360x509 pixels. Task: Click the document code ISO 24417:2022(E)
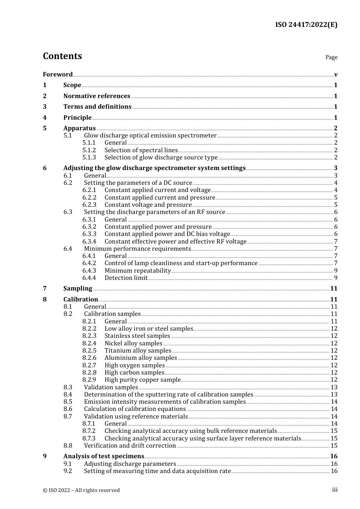[x=306, y=25]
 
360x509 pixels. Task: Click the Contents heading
[x=62, y=56]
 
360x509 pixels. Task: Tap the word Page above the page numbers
[x=331, y=57]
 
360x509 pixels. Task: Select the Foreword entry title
[x=58, y=74]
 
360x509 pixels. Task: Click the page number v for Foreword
[x=336, y=74]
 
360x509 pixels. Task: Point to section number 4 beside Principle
[x=45, y=117]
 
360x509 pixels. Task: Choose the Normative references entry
[x=97, y=96]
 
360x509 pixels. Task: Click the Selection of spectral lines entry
[x=141, y=150]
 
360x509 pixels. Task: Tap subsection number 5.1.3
[x=89, y=157]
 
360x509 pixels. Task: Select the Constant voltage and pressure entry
[x=148, y=205]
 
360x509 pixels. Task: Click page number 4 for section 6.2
[x=336, y=183]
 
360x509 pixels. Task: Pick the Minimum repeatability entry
[x=138, y=270]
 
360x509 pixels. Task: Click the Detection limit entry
[x=126, y=278]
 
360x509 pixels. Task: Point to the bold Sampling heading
[x=78, y=288]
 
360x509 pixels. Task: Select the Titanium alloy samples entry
[x=138, y=350]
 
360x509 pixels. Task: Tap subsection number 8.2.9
[x=89, y=379]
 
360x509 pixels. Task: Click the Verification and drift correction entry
[x=130, y=445]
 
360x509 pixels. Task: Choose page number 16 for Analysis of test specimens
[x=334, y=456]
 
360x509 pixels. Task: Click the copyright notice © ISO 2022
[x=81, y=490]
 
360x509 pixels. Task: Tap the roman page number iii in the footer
[x=335, y=490]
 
